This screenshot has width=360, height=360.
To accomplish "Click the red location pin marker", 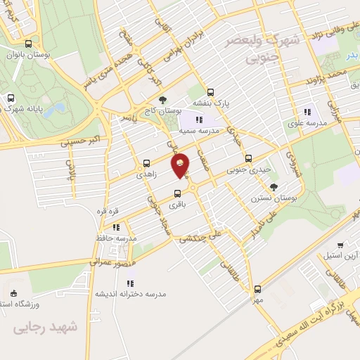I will click(x=181, y=165).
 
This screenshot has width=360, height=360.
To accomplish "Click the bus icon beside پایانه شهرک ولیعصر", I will click(x=10, y=98).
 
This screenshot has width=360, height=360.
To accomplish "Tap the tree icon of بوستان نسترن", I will click(x=274, y=186).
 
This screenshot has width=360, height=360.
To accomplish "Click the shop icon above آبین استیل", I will click(x=340, y=245).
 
